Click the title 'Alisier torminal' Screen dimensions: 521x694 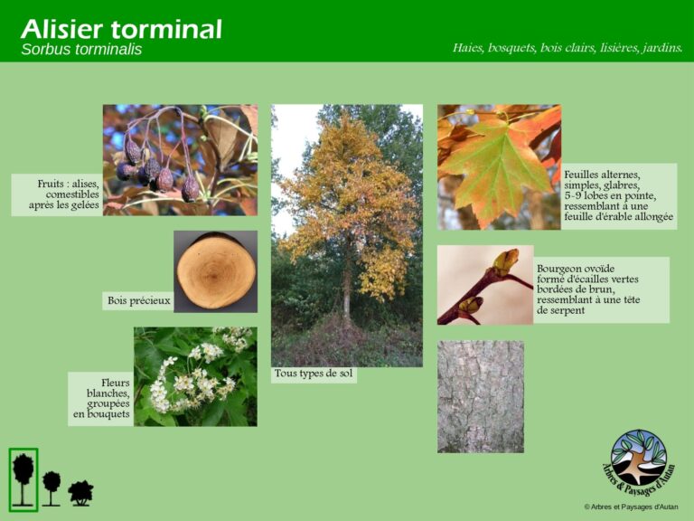(121, 28)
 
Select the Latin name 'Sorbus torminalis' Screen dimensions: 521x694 (81, 50)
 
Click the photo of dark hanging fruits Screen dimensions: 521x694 (179, 159)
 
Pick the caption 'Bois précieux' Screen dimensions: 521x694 (139, 301)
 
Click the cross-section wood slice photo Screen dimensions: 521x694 (215, 270)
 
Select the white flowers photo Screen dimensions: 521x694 (195, 376)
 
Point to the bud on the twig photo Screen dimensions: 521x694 (504, 261)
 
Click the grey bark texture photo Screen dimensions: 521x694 (480, 396)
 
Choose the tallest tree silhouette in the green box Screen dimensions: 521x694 (23, 478)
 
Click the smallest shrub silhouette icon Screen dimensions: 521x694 (80, 492)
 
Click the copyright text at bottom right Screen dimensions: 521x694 (631, 507)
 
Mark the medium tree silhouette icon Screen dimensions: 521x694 (52, 486)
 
